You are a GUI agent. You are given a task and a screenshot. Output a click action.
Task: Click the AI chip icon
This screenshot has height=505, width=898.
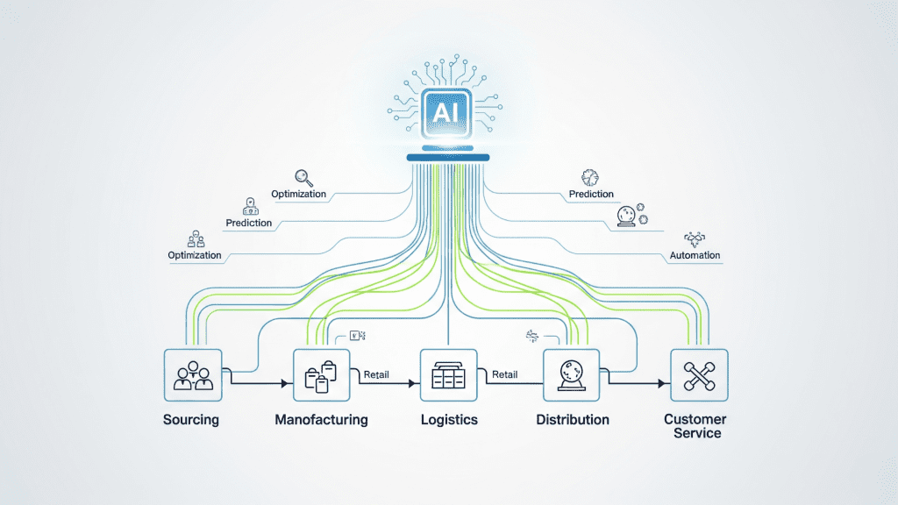coord(448,112)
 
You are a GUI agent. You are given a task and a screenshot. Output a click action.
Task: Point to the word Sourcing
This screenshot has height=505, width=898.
coord(191,420)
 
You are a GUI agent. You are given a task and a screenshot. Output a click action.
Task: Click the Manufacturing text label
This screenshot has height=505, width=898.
coord(321,420)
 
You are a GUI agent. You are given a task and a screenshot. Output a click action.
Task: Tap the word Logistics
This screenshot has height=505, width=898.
coord(448,420)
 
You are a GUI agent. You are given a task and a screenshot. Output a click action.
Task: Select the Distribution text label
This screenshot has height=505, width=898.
coord(572,420)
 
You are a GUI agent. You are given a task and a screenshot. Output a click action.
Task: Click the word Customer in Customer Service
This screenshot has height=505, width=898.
coord(695,419)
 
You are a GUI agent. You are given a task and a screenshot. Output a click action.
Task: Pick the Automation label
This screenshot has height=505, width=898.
coord(695,255)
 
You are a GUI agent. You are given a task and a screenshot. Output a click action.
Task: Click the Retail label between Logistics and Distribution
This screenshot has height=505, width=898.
coord(504,374)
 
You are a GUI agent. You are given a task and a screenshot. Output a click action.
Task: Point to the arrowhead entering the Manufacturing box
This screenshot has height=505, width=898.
coord(284,384)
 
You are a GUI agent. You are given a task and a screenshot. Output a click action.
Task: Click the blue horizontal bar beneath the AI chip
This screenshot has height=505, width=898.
coord(448,158)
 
